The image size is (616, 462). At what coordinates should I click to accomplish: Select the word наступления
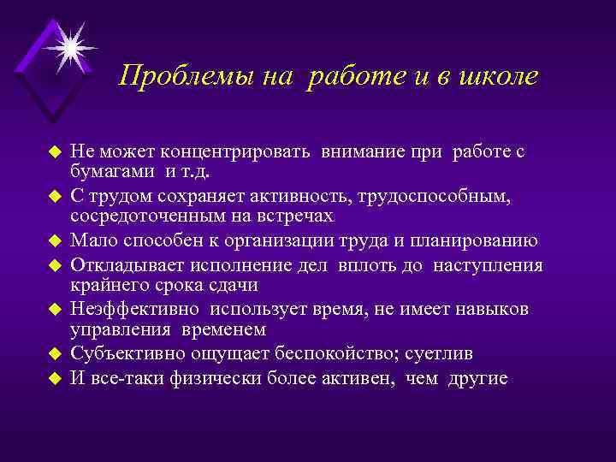[488, 265]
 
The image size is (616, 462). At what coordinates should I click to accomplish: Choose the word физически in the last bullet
[215, 378]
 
